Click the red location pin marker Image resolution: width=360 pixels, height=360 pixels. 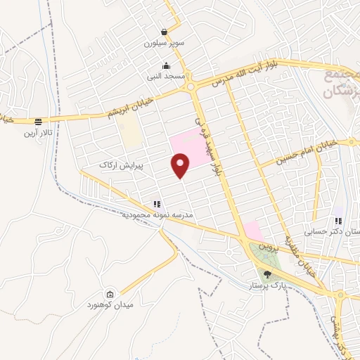(x=181, y=165)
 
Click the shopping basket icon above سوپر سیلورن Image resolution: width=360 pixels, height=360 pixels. (x=165, y=32)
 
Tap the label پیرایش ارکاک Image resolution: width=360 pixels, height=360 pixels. (x=120, y=165)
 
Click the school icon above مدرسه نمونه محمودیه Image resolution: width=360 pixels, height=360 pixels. (x=157, y=204)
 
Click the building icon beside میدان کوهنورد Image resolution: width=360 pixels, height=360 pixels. (x=110, y=294)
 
